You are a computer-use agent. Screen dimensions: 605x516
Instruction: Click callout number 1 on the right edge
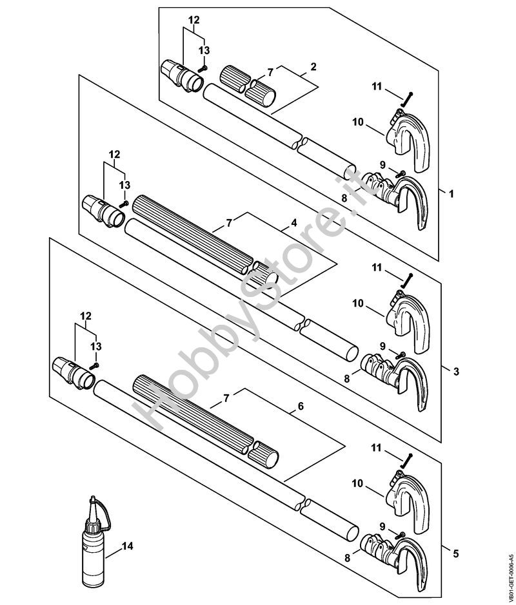pyautogui.click(x=451, y=193)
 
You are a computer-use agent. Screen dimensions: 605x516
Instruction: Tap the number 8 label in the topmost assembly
pyautogui.click(x=345, y=199)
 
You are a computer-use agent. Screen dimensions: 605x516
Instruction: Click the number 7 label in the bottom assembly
pyautogui.click(x=226, y=399)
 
